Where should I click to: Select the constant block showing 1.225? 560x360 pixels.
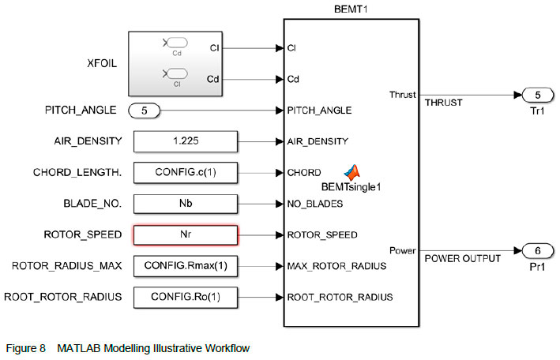[x=186, y=141]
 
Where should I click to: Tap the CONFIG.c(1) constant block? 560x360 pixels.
[x=186, y=172]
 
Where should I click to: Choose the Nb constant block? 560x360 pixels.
[x=186, y=204]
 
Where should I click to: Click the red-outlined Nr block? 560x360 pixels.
[x=186, y=234]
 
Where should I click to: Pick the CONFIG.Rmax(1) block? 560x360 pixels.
[x=186, y=266]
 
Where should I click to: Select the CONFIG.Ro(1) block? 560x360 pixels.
[x=186, y=297]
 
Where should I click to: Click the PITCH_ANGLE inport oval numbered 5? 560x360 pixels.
[x=145, y=111]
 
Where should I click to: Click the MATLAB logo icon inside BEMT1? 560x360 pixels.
[x=351, y=172]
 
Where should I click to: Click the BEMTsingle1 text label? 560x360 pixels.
[x=351, y=186]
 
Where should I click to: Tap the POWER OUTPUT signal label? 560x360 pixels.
[x=463, y=258]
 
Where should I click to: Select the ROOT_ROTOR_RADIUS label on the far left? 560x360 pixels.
[x=63, y=297]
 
